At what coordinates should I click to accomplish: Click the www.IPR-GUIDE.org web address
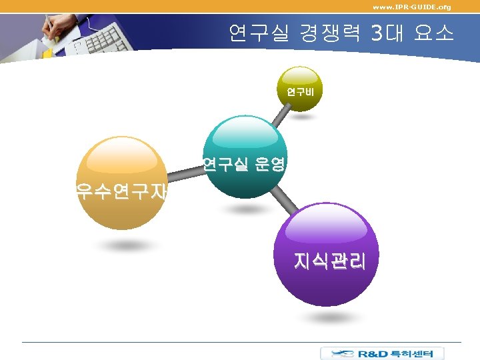[x=411, y=7]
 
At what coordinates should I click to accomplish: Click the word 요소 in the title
[x=433, y=33]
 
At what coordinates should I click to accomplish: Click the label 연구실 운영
[x=245, y=163]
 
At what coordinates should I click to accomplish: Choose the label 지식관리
[x=329, y=261]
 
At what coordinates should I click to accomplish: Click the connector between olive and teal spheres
[x=281, y=115]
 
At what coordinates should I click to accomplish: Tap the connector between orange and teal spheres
[x=183, y=175]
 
